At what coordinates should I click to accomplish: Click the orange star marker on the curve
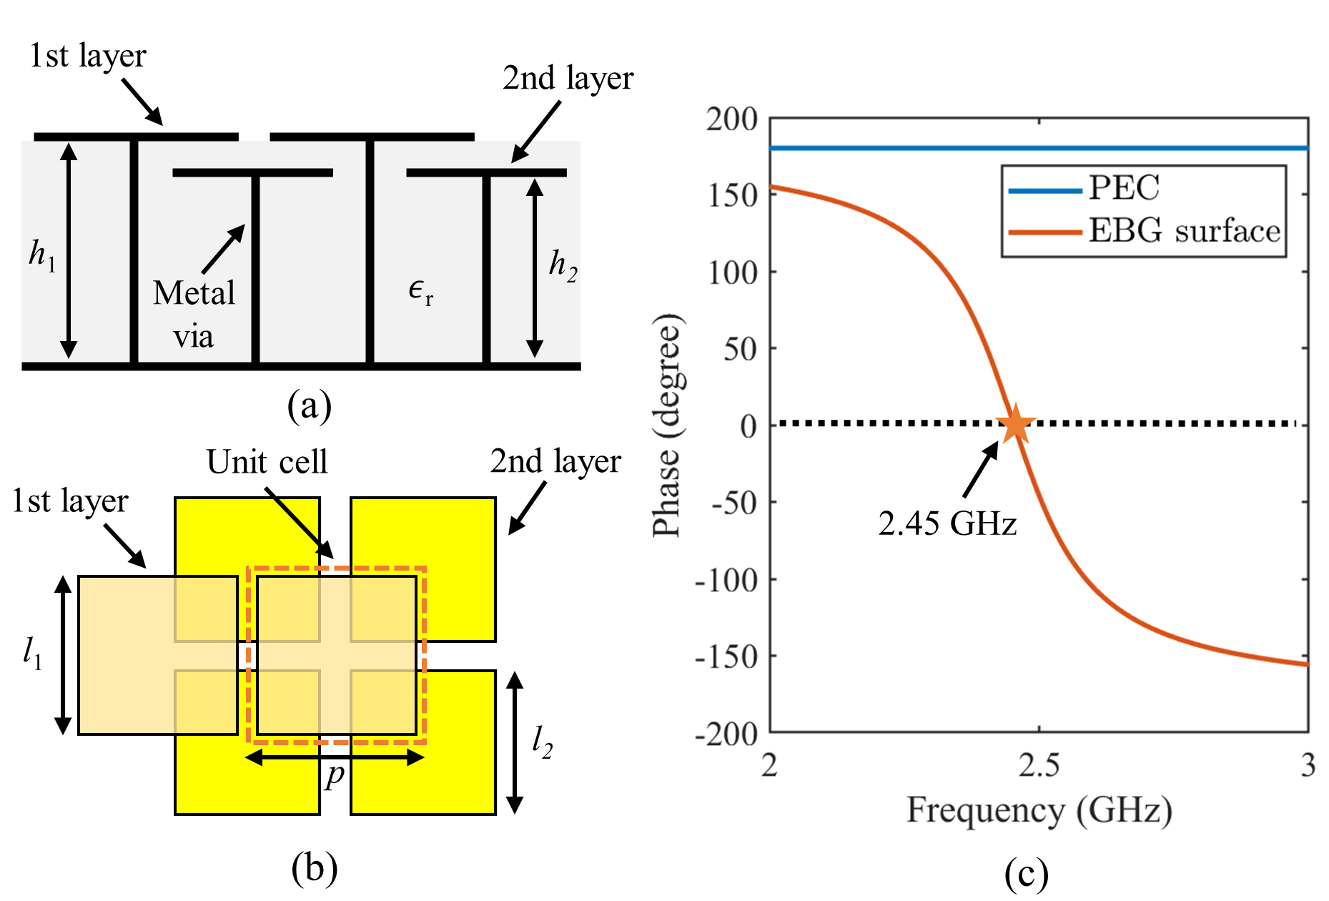click(x=1015, y=424)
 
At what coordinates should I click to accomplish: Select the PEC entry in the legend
click(x=1123, y=188)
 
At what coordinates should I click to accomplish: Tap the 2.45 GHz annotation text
click(x=947, y=523)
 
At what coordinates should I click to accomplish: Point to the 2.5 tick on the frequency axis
click(x=1039, y=765)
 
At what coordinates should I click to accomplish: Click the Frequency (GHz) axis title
click(x=1039, y=811)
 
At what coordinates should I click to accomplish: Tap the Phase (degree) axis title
click(x=667, y=425)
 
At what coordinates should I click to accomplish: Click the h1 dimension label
click(x=41, y=255)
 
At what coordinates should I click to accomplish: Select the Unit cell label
click(x=267, y=462)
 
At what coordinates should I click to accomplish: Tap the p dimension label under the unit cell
click(x=335, y=775)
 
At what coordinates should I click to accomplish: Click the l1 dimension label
click(x=32, y=653)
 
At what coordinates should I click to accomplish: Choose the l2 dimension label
click(x=543, y=742)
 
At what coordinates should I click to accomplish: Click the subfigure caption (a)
click(x=309, y=405)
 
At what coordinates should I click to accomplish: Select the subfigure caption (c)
click(x=1026, y=873)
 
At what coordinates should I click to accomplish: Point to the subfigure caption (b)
click(x=314, y=868)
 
